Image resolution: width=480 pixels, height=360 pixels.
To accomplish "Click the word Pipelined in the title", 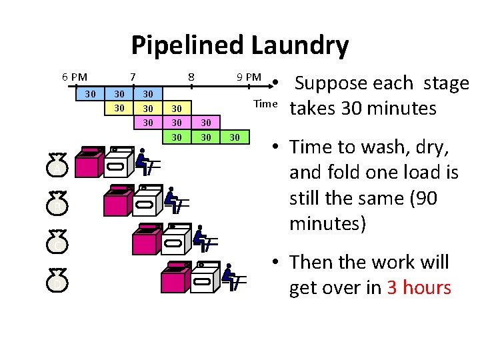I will point(187,46).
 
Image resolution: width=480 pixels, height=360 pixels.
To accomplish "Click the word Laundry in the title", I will point(299,46).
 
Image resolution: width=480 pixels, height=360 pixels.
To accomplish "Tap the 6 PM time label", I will point(74,77).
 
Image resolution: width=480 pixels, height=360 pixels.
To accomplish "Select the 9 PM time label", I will point(249,77).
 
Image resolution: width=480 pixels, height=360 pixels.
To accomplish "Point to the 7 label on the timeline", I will point(133,77).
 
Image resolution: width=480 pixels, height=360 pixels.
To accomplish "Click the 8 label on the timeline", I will point(191,77).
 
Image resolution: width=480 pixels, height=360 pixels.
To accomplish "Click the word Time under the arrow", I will point(265,103).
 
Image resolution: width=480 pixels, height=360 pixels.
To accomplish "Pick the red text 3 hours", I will point(419,288).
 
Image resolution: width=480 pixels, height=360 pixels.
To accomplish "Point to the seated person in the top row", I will point(143,160).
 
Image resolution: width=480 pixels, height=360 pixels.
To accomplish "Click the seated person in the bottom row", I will point(231,276).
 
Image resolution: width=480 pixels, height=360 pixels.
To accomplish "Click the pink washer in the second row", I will point(117,200).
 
